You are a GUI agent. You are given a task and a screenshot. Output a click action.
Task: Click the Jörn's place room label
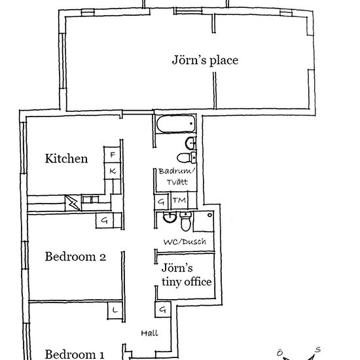[x=205, y=60]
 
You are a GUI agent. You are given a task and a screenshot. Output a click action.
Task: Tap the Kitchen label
[x=66, y=158]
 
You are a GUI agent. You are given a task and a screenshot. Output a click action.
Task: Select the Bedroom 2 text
[x=75, y=257]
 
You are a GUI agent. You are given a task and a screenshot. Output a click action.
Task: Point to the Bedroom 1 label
[x=75, y=354]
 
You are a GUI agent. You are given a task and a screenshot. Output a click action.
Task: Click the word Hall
[x=149, y=333]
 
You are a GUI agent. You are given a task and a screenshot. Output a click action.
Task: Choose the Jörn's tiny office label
[x=187, y=275]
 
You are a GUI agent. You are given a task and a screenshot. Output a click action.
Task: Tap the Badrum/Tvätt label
[x=177, y=177]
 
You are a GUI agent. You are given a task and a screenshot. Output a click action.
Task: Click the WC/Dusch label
[x=185, y=242]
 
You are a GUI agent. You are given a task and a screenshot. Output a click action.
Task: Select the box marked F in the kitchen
[x=113, y=154]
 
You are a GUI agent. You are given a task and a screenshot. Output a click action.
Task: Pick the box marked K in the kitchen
[x=113, y=171]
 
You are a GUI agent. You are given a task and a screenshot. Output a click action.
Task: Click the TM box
[x=179, y=200]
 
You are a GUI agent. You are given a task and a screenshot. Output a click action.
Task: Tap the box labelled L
[x=115, y=311]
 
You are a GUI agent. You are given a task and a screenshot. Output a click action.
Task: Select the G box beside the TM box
[x=162, y=202]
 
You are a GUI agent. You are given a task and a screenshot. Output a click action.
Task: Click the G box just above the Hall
[x=163, y=310]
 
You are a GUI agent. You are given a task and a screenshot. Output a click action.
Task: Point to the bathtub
[x=176, y=124]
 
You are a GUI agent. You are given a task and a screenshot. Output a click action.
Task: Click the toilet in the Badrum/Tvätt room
[x=187, y=158]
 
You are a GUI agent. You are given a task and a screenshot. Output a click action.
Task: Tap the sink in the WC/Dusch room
[x=170, y=217]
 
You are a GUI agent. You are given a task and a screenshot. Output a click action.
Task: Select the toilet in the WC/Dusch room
[x=186, y=221]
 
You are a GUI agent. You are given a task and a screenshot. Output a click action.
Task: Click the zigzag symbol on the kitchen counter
[x=73, y=203]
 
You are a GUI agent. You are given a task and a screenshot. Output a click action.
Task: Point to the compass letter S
[x=317, y=350]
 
